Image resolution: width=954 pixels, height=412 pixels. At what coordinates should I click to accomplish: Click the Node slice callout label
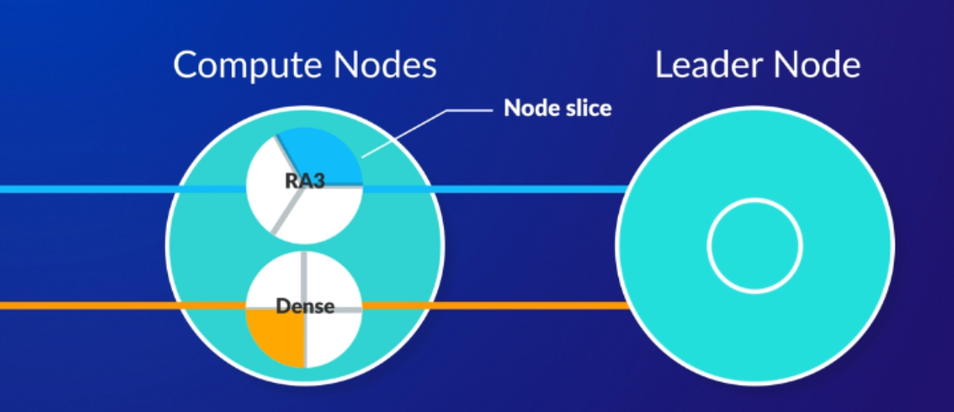click(557, 109)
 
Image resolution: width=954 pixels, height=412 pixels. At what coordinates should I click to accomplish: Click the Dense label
click(305, 307)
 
